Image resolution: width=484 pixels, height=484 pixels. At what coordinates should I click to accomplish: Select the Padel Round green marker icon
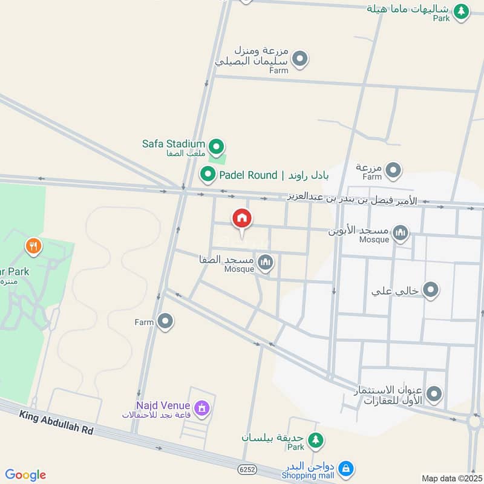coord(208,175)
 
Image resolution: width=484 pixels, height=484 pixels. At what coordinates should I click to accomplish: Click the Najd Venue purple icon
coord(203,408)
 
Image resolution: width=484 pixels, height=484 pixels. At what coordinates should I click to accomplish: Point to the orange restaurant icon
coord(33,246)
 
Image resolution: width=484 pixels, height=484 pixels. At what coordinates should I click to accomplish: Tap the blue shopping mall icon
coord(345,468)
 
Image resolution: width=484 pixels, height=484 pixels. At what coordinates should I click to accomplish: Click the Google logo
coord(25,475)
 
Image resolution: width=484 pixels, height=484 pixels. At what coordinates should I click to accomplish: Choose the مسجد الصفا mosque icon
coord(265,262)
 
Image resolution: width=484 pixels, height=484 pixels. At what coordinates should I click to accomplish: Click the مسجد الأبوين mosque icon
coord(400,232)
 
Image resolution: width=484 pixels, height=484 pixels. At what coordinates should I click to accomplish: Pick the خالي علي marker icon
coord(430,290)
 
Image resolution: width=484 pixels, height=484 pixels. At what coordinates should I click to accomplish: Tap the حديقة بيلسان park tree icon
coord(315,440)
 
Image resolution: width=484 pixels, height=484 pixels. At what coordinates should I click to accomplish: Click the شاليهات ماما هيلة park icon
coord(462,11)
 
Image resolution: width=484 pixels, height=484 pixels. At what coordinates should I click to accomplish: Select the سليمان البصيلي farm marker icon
coord(299,59)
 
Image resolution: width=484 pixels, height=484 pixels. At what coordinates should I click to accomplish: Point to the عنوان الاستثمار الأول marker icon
coord(433,395)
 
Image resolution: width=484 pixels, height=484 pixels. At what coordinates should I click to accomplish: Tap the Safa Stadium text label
coord(174,144)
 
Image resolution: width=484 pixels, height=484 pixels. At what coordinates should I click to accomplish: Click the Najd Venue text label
coord(163,405)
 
